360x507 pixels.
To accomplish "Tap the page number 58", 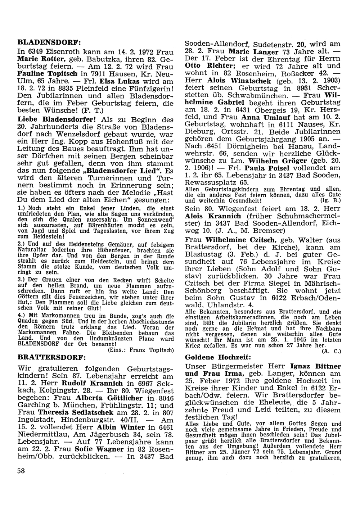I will coord(21,472).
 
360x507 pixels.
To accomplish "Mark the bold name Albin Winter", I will coord(121,427).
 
